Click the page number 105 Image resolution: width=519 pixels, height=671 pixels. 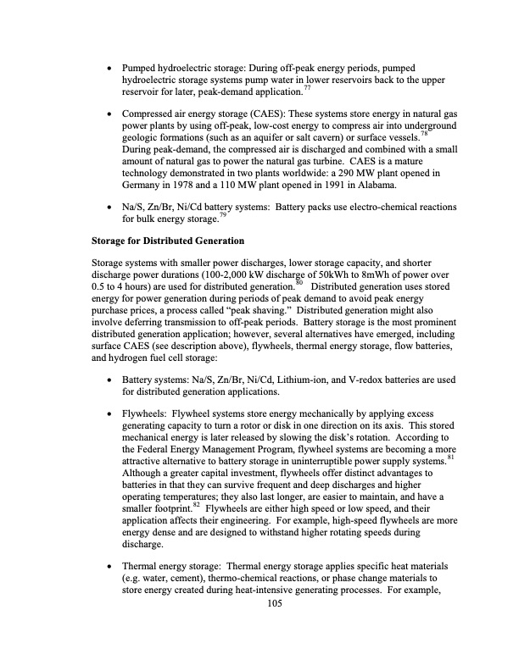coord(273,603)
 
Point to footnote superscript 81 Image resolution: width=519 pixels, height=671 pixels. coord(449,457)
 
